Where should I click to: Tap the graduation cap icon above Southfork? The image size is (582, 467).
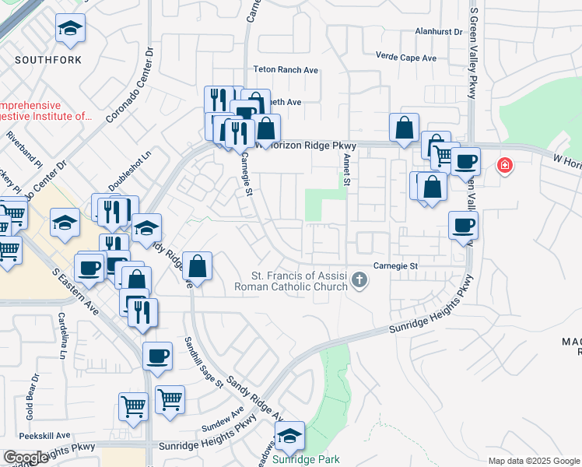coord(71,30)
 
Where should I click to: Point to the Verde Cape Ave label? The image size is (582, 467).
coord(406,58)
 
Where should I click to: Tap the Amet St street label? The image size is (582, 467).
coord(346,169)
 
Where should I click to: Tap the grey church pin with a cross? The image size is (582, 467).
coord(359,279)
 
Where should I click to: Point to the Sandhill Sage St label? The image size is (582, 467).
coord(203,363)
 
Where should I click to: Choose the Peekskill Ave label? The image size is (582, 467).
coord(45,435)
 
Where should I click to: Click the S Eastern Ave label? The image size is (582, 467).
coord(76,292)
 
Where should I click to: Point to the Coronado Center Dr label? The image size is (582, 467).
coord(128,86)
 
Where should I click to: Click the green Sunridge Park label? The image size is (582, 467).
coord(307,459)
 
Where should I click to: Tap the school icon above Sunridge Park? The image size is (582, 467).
coord(289,437)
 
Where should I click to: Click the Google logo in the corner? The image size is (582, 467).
coord(26,458)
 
